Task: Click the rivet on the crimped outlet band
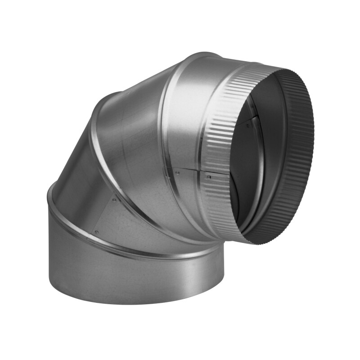click(x=208, y=177)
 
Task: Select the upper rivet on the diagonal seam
click(x=114, y=199)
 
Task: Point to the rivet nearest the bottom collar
click(x=96, y=232)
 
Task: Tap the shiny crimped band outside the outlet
click(x=220, y=135)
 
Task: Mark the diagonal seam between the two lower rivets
click(x=105, y=216)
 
